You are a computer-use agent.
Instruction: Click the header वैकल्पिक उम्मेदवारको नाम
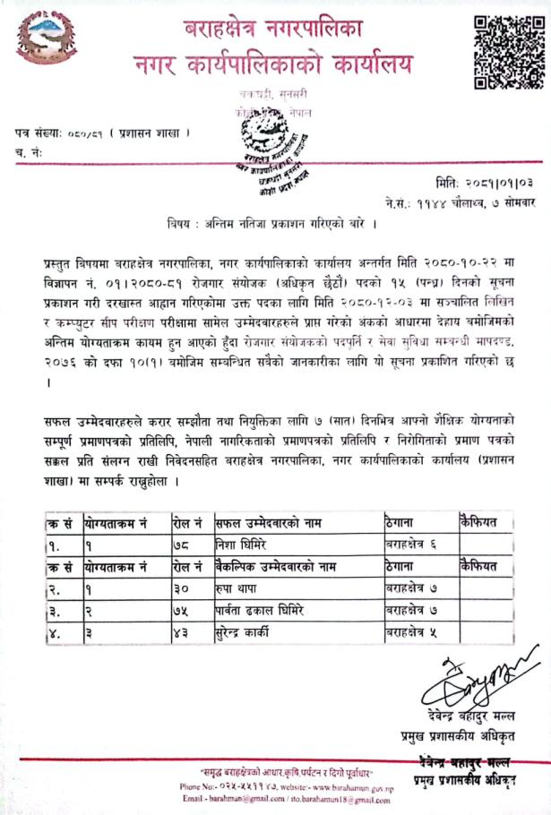pyautogui.click(x=275, y=566)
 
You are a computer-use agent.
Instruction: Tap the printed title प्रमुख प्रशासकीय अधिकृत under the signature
pyautogui.click(x=466, y=736)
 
